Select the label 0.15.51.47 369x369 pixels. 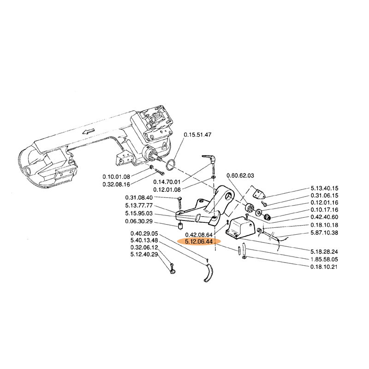point(197,135)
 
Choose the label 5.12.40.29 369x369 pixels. point(144,255)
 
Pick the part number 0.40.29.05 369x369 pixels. point(144,233)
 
